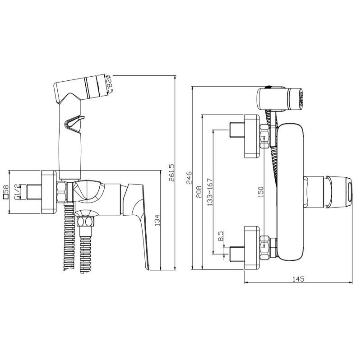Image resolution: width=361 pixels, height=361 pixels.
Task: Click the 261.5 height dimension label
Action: pyautogui.click(x=172, y=172)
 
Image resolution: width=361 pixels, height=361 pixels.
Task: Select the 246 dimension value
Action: pyautogui.click(x=189, y=178)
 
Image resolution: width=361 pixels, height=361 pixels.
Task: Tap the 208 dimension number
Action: pyautogui.click(x=199, y=192)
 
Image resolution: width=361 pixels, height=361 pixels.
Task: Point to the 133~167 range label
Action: pyautogui.click(x=210, y=192)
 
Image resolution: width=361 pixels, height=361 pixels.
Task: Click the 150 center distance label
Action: pyautogui.click(x=261, y=192)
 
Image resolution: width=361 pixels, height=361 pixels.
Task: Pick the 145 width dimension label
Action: pyautogui.click(x=298, y=279)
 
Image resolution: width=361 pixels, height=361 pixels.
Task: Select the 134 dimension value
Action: pyautogui.click(x=157, y=220)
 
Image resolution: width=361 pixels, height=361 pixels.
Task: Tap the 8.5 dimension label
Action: pyautogui.click(x=221, y=236)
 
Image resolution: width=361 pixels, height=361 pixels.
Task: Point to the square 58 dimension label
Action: pyautogui.click(x=6, y=192)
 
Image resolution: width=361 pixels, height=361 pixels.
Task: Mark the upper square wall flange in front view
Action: pyautogui.click(x=252, y=136)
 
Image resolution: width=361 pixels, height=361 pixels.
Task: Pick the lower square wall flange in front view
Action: pyautogui.click(x=252, y=248)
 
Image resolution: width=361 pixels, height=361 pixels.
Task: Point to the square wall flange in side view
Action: pyautogui.click(x=49, y=192)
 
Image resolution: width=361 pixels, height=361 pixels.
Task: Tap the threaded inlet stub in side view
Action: pyautogui.click(x=34, y=192)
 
